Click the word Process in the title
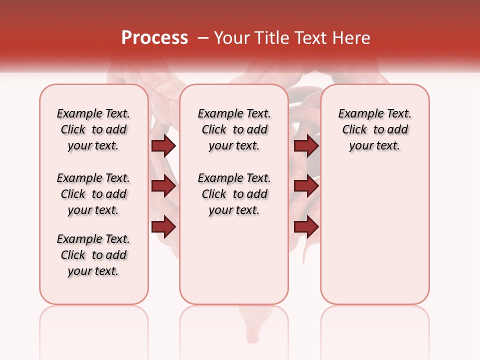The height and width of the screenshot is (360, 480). coord(154,38)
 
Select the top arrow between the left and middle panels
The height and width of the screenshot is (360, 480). coord(163,145)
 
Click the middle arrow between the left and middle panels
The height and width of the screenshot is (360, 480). coord(163,186)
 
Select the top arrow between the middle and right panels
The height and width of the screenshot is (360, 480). coord(306,145)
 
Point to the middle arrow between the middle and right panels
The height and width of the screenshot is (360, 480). coord(306,186)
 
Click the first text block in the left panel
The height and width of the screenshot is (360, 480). coord(93,129)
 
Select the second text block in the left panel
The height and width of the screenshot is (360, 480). coord(93,194)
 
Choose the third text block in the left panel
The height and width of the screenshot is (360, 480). coord(93,255)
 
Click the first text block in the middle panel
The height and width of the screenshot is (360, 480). coord(234,129)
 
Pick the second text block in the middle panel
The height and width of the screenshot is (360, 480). coord(234,194)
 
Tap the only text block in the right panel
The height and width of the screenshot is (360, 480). coord(374,129)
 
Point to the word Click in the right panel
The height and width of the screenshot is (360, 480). coord(354,130)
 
